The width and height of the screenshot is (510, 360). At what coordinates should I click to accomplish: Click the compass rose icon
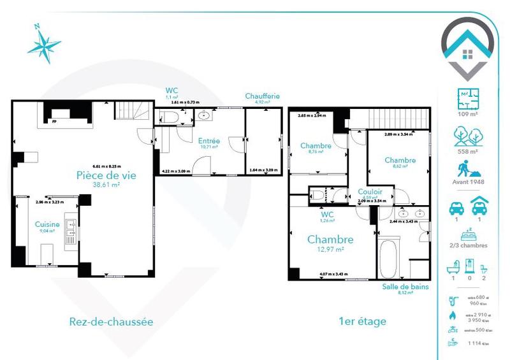43,44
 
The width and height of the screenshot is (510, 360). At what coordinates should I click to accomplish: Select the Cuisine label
47,224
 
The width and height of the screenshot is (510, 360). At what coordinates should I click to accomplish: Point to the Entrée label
208,141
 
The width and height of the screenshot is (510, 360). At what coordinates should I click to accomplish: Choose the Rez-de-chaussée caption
110,322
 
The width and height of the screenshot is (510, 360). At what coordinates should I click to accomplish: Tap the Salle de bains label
405,287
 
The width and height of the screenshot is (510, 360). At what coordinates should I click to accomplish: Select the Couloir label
370,191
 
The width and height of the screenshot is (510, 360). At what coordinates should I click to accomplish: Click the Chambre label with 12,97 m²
330,240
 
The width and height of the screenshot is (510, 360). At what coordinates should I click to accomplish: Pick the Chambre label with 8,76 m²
315,146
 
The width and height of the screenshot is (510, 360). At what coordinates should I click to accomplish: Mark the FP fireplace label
55,120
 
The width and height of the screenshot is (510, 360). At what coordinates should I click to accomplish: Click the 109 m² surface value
469,115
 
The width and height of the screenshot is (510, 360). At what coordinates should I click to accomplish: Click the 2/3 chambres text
469,245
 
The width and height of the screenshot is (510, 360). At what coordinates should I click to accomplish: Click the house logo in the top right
469,48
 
